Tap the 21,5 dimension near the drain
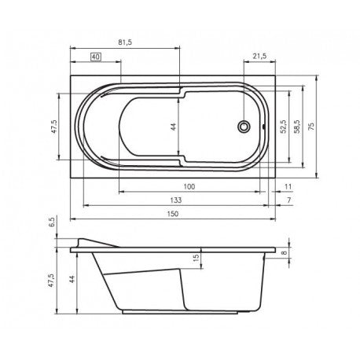260,56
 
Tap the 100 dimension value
189,186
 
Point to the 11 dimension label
288,186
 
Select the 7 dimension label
289,201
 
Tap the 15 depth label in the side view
197,257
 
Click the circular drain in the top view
244,126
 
